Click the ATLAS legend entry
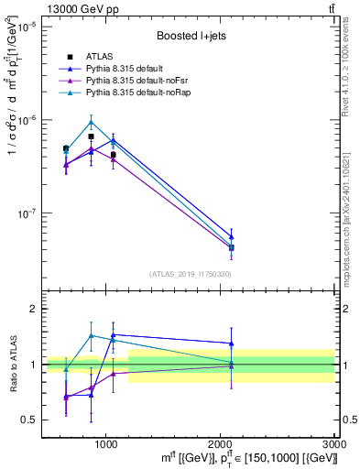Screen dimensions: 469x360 tap(98, 56)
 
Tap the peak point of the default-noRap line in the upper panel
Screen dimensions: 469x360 tap(91, 122)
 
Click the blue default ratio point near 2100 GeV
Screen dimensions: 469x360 tap(232, 343)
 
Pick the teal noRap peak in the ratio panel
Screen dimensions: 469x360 tap(91, 335)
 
